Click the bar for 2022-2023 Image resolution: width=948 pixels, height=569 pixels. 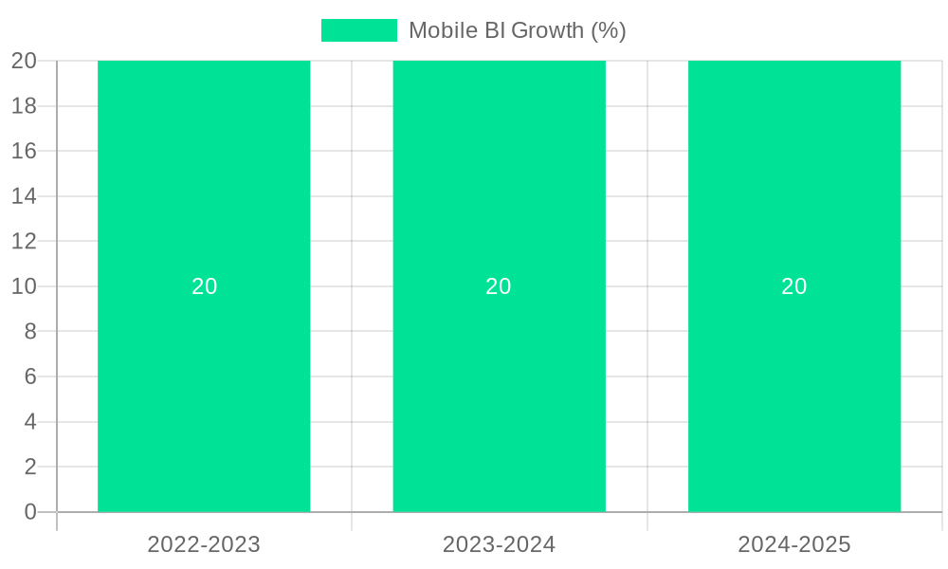(204, 398)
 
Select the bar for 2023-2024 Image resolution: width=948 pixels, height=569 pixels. (499, 398)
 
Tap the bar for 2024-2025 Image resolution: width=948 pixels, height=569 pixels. (794, 398)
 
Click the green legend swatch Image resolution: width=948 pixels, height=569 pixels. (358, 30)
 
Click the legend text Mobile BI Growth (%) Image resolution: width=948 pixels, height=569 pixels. (517, 30)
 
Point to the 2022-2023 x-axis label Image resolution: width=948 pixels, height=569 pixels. (204, 544)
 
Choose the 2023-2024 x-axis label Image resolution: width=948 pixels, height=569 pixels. (499, 544)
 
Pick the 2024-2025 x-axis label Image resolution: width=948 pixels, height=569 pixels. (794, 544)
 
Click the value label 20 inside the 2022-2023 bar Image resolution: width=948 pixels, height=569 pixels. (204, 286)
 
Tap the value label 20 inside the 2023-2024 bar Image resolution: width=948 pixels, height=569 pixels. (499, 286)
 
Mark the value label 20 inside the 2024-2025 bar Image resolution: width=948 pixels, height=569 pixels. (794, 286)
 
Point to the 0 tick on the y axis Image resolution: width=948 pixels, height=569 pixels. (30, 512)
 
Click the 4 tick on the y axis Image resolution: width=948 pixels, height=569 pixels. (30, 422)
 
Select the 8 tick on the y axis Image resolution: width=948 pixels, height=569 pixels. (30, 332)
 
